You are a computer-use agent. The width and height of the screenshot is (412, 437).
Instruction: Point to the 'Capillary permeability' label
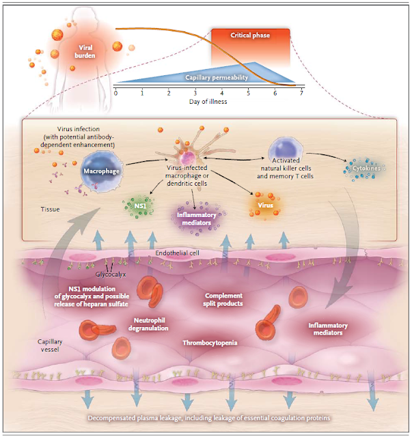coord(217,78)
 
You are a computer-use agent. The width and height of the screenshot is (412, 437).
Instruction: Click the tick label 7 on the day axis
coord(301,92)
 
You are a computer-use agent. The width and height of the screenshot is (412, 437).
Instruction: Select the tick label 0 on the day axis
coord(116,92)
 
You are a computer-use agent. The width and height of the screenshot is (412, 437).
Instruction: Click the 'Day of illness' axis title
coord(208,102)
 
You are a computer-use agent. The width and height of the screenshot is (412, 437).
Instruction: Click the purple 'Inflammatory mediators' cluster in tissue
coord(196,218)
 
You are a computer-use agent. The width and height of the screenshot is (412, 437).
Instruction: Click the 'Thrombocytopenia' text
coord(210,342)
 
